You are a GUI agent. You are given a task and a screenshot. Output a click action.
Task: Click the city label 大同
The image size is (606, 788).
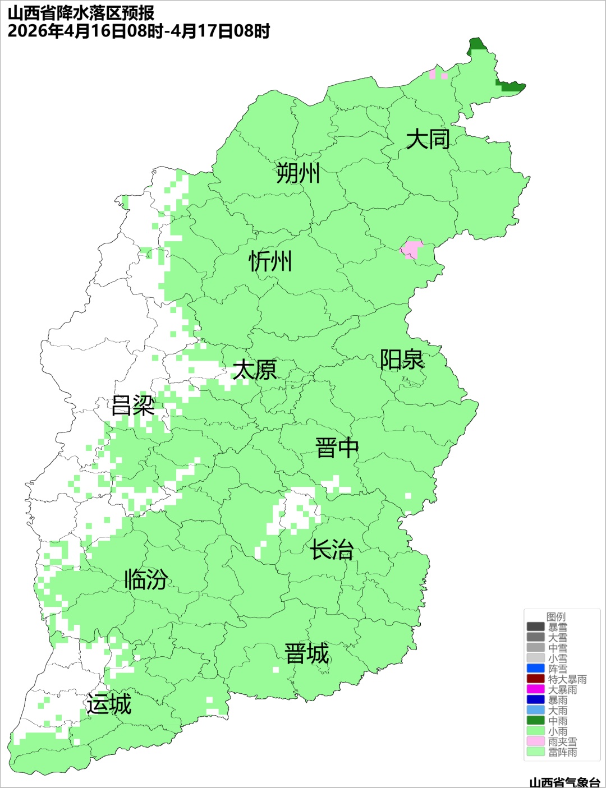(x=428, y=139)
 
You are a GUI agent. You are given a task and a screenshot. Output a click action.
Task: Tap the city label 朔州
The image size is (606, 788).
(x=298, y=173)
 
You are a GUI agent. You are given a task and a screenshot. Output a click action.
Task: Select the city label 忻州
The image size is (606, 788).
(x=270, y=261)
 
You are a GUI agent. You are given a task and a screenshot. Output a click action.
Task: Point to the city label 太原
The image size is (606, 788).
(x=255, y=370)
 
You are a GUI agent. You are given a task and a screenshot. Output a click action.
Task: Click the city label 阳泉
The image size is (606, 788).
(x=402, y=360)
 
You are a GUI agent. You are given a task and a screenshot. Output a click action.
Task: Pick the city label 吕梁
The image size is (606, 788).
(x=133, y=405)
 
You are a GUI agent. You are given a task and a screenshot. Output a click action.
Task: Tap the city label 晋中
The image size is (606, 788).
(x=337, y=449)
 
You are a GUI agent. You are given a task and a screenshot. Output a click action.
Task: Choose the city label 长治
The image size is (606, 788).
(x=332, y=550)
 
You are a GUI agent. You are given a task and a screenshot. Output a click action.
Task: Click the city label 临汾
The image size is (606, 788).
(x=146, y=579)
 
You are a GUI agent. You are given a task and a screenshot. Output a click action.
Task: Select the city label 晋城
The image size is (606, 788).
(x=307, y=654)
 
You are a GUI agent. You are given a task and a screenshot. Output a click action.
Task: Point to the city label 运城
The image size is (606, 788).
(x=109, y=704)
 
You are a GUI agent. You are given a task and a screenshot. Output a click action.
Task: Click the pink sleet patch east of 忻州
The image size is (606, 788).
(x=412, y=248)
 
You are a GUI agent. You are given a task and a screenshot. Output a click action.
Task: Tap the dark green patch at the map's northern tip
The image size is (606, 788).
(x=476, y=44)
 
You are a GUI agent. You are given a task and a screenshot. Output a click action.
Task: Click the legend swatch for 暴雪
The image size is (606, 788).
(x=535, y=627)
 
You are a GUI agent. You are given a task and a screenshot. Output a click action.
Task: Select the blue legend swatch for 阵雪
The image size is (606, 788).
(x=535, y=669)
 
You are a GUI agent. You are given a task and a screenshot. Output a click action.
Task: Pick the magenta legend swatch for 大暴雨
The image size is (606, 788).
(x=535, y=689)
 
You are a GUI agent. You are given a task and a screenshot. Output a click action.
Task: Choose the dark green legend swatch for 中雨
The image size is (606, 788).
(x=535, y=721)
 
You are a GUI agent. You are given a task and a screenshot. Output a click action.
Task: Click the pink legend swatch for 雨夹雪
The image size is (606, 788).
(x=535, y=741)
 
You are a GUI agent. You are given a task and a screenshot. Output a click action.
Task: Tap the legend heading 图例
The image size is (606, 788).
(x=556, y=616)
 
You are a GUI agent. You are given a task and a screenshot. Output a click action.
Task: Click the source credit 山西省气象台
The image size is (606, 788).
(x=564, y=782)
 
